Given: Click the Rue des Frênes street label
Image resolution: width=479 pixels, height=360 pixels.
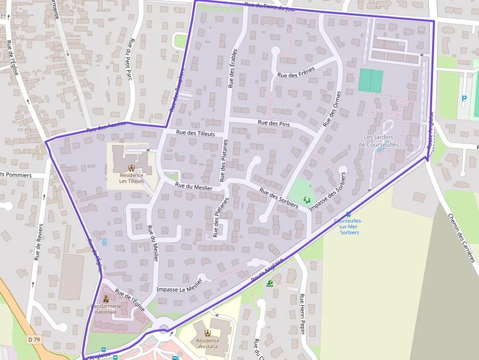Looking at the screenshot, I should (x=296, y=72).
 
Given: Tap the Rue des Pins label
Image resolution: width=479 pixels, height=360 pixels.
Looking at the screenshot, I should (x=274, y=124).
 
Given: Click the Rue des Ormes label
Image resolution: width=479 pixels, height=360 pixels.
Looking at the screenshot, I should (x=331, y=109).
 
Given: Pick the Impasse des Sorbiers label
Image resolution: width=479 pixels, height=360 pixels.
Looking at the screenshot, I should (x=328, y=191).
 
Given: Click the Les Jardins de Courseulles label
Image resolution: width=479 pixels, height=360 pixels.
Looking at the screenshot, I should (x=378, y=141).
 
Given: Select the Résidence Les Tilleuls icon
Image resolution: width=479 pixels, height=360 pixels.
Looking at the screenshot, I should (x=131, y=168).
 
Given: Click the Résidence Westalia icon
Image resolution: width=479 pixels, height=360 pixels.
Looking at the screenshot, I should (x=208, y=333).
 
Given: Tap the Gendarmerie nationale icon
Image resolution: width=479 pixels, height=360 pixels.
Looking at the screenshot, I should (x=106, y=299).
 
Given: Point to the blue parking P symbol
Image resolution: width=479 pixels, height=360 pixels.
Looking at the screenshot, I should (x=464, y=99).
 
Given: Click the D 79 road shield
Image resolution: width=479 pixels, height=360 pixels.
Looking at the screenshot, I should (x=34, y=339).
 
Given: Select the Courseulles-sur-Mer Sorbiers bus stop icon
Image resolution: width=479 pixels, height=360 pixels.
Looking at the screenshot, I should (x=348, y=214).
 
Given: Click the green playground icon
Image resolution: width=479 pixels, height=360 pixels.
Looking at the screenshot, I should (x=307, y=199).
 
